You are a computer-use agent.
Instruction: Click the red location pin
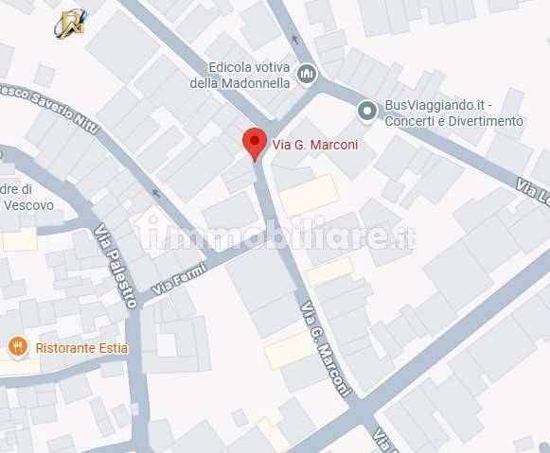click(x=254, y=142)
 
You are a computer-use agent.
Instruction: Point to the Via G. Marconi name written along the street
click(x=326, y=348)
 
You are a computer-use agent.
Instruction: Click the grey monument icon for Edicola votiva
click(x=306, y=73)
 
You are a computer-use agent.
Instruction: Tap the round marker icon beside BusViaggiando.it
click(x=367, y=112)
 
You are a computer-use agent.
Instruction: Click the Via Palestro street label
click(x=116, y=266)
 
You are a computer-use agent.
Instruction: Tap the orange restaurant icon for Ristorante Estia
click(x=17, y=347)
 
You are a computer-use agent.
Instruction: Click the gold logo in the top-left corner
click(x=70, y=23)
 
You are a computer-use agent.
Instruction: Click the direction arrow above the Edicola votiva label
click(x=295, y=40)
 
